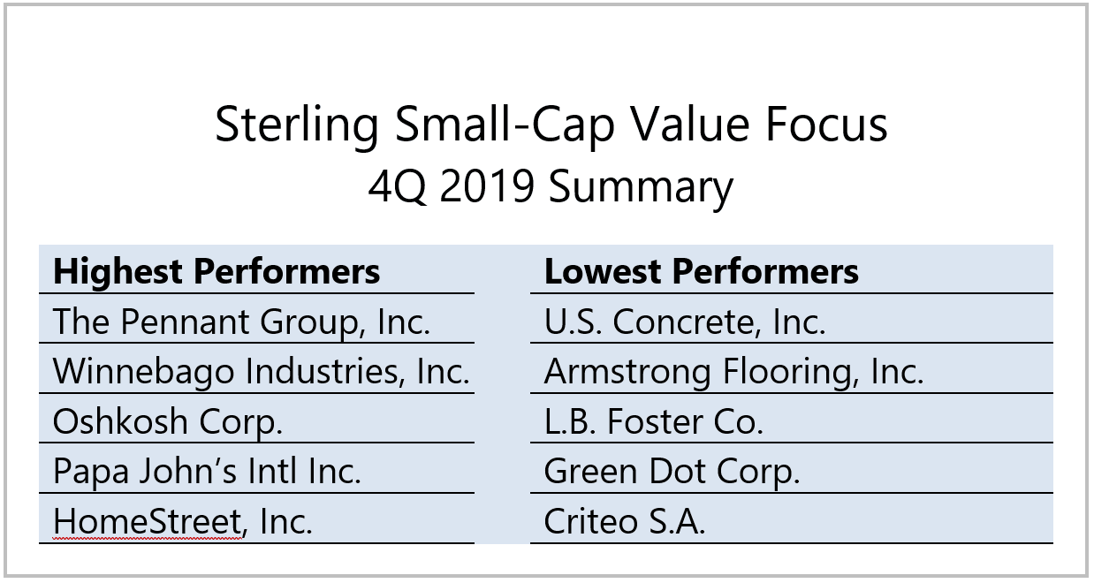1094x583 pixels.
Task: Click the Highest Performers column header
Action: click(217, 271)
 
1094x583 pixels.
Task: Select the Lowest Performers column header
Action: click(701, 271)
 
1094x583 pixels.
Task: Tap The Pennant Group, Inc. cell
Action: click(241, 322)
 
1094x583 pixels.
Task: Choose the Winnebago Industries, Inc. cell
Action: click(261, 371)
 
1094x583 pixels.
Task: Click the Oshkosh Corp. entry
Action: click(168, 421)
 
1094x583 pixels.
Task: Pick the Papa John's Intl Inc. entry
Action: click(207, 471)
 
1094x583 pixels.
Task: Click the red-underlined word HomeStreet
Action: click(148, 521)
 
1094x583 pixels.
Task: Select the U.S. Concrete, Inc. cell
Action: click(685, 322)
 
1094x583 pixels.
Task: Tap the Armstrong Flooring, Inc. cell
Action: click(733, 371)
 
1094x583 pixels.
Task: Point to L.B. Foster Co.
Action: click(653, 421)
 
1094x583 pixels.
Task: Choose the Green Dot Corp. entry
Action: click(672, 471)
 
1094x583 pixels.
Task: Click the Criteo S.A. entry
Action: click(624, 521)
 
